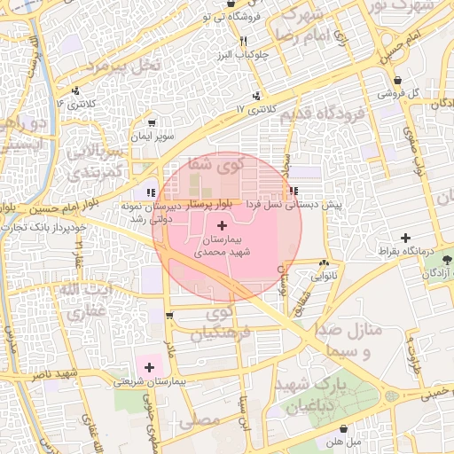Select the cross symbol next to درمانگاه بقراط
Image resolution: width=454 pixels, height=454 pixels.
coord(405,238)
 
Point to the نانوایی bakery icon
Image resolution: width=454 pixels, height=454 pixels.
coord(324,262)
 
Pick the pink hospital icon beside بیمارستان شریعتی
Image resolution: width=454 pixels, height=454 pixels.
coord(150,367)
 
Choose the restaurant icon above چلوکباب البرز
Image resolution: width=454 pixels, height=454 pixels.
coord(242,41)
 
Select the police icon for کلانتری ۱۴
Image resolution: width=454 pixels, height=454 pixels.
coord(75,90)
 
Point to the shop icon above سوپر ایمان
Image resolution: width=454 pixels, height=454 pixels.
coord(152,123)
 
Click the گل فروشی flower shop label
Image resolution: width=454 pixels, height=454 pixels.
coord(391,92)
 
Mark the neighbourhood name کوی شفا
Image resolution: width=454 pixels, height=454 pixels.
coord(215,164)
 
